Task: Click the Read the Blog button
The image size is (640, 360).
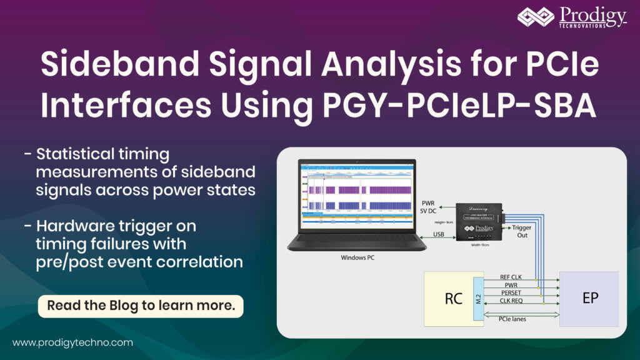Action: pyautogui.click(x=141, y=306)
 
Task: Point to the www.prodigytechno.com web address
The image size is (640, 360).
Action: pyautogui.click(x=72, y=342)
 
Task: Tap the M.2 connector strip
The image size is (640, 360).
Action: pyautogui.click(x=479, y=299)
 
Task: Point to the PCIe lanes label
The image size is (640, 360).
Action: pyautogui.click(x=512, y=319)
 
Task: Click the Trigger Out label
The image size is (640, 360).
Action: pyautogui.click(x=522, y=231)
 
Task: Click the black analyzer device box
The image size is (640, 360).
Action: pyautogui.click(x=477, y=222)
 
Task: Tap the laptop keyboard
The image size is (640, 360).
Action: pyautogui.click(x=356, y=240)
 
